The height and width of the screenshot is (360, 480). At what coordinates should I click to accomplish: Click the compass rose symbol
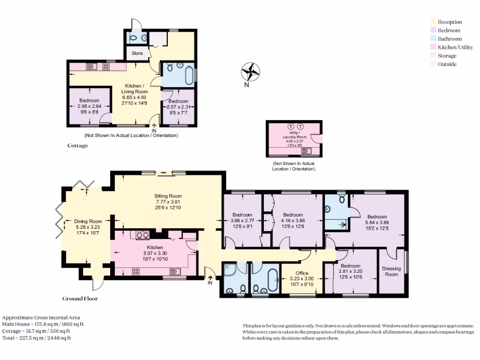(250, 72)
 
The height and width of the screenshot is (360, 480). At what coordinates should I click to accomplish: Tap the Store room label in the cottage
(137, 53)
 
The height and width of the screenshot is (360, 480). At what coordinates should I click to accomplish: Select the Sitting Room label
(168, 196)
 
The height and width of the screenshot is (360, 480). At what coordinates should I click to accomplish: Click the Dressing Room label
(391, 271)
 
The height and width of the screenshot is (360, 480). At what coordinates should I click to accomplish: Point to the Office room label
(302, 273)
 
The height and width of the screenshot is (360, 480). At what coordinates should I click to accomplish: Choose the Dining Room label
(88, 221)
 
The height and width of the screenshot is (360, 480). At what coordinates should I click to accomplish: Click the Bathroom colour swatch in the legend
(433, 38)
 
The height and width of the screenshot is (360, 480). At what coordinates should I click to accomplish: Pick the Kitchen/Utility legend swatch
(433, 47)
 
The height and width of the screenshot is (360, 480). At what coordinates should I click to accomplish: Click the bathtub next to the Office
(273, 280)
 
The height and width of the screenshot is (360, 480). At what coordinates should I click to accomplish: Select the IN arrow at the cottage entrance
(154, 126)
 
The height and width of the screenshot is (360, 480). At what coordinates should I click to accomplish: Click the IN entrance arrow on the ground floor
(210, 277)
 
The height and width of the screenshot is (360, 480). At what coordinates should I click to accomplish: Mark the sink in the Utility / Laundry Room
(306, 151)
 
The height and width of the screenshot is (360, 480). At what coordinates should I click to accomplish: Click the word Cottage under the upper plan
(78, 146)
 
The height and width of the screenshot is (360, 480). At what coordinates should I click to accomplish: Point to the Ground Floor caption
(80, 299)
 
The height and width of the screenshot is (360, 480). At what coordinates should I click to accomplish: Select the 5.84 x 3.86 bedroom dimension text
(377, 223)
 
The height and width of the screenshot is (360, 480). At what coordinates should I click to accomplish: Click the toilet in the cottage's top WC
(134, 38)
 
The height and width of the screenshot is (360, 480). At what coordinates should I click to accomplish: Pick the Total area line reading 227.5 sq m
(37, 338)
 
